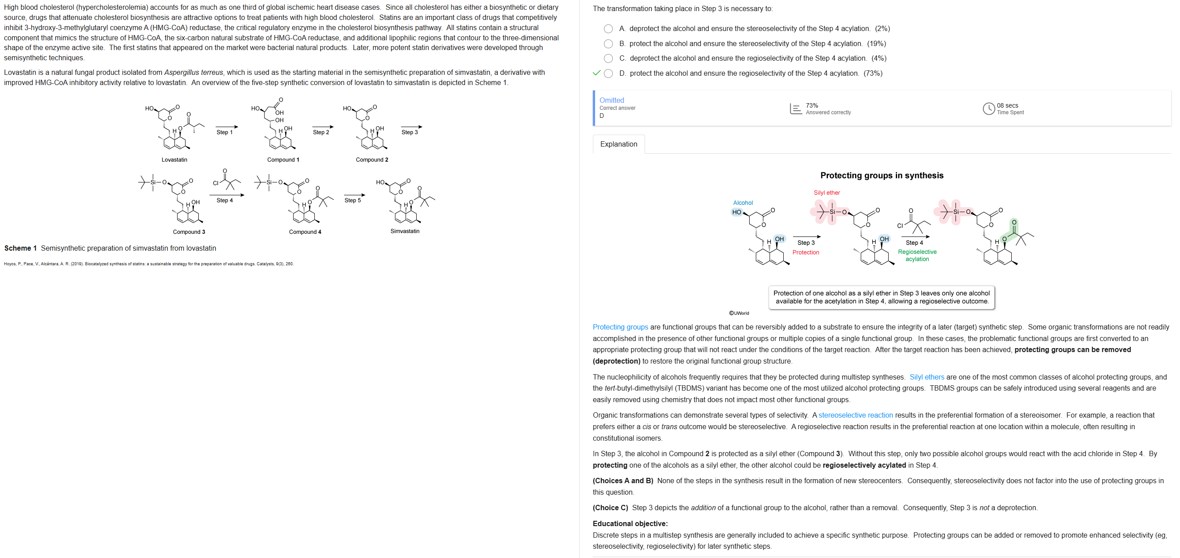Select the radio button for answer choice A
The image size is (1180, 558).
coord(608,29)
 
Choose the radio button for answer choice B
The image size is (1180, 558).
coord(608,44)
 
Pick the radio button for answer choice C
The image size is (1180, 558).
coord(608,58)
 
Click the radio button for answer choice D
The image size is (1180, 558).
coord(608,74)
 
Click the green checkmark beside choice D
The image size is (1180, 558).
coord(596,73)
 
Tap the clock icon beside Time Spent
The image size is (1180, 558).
coord(988,108)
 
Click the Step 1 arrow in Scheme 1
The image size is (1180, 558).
coord(226,127)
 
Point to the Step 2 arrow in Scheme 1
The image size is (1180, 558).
coord(322,127)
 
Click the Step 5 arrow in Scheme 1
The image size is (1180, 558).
coord(354,195)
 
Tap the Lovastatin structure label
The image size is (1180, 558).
coord(174,160)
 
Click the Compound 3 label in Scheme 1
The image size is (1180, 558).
coord(189,232)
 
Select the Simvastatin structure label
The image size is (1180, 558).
coord(405,231)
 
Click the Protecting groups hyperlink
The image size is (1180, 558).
coord(620,327)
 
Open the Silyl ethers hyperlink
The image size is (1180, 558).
coord(926,377)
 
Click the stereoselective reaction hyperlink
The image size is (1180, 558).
coord(855,415)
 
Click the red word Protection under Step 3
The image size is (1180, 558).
coord(805,252)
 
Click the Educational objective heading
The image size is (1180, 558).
coord(630,523)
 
